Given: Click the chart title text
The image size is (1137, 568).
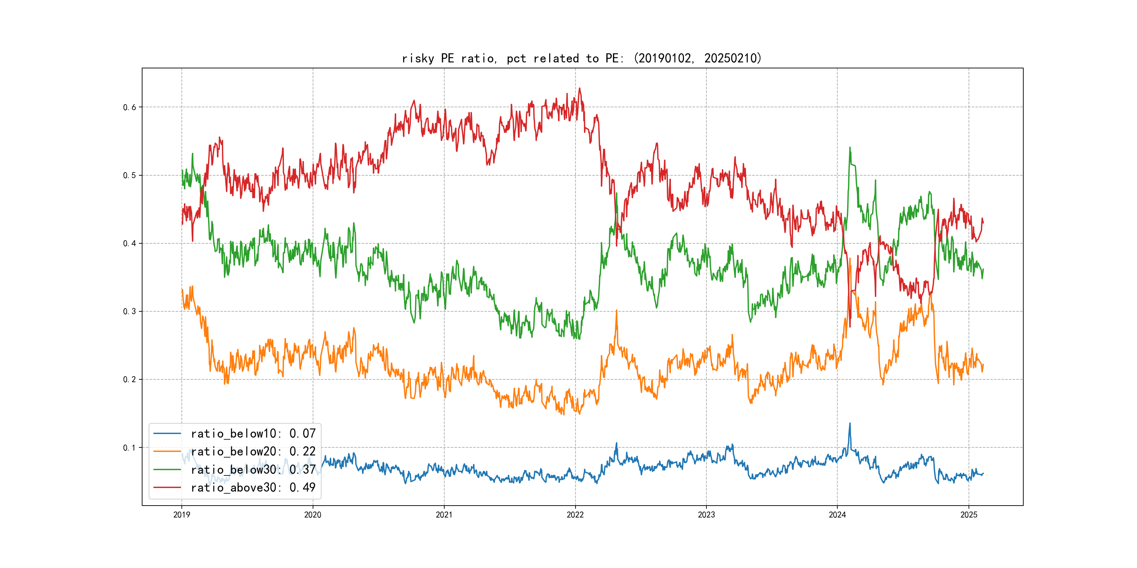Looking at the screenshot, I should pos(581,58).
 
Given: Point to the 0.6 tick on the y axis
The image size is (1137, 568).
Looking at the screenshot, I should pos(129,107).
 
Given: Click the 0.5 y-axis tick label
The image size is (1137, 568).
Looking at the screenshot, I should pos(129,176).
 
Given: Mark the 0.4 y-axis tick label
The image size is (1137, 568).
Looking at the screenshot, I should pos(129,243).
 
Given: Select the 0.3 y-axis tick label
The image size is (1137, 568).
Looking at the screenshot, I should pos(129,311).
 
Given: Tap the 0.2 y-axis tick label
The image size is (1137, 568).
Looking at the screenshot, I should pos(129,379).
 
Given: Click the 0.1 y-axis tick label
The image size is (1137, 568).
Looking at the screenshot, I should pos(129,448).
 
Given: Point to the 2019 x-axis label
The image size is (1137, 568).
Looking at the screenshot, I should pos(181,515).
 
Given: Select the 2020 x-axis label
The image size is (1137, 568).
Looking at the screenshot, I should pos(312,515).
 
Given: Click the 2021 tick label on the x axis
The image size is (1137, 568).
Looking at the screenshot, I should pos(444,515).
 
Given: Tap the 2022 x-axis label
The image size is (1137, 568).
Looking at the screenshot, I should pos(575,515).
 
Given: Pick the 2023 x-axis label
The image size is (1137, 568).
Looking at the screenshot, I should pos(706,515).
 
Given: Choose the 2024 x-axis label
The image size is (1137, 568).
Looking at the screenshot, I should pos(837,515).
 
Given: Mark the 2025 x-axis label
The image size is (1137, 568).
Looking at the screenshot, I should pos(969,515).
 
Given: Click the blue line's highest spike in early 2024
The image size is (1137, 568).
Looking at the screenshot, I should pos(850,424).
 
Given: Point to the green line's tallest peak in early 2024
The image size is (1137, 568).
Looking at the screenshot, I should pos(850,148).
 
